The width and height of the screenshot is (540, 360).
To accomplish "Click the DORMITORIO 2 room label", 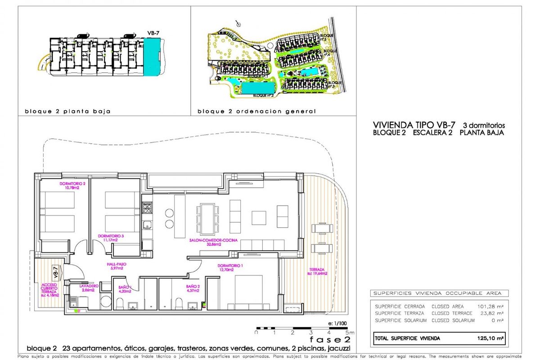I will click(x=72, y=186).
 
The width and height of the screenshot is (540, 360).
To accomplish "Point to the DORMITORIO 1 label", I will click(x=230, y=267).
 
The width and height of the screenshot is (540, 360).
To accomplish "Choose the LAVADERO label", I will click(x=85, y=288).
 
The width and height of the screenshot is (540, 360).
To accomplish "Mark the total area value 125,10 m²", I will click(x=491, y=338).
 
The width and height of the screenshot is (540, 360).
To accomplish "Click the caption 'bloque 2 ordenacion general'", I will click(x=256, y=111).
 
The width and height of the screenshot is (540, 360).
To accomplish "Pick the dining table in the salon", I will click(x=208, y=215).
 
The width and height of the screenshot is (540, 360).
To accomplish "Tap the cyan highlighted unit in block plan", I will click(x=152, y=56).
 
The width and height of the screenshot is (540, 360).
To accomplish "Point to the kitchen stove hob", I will click(x=148, y=207).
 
